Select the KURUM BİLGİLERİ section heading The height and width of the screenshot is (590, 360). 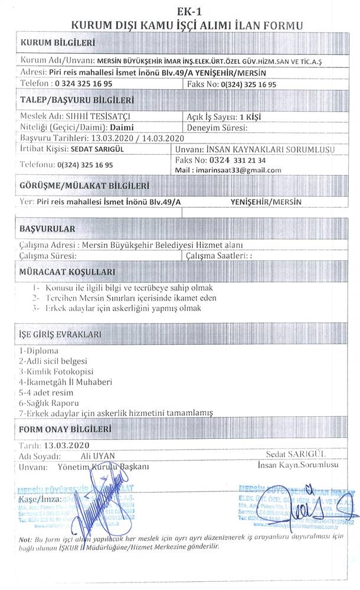tap(57, 43)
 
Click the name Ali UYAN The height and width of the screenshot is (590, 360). tap(98, 456)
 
